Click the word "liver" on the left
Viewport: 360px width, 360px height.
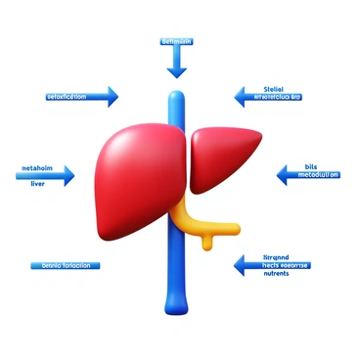38,182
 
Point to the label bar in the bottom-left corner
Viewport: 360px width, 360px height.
60,265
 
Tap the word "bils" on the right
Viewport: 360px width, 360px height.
311,166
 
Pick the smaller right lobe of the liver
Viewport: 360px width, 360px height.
225,157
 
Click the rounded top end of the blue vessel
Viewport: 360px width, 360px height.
176,97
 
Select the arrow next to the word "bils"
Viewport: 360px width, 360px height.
288,176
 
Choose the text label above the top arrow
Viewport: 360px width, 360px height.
175,42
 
